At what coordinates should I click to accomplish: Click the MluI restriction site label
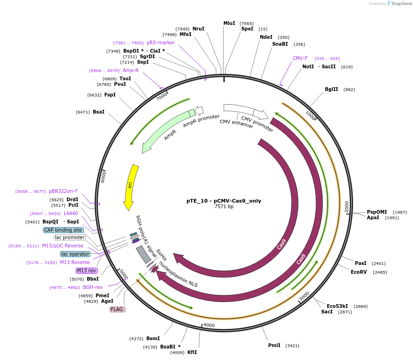(x=229, y=23)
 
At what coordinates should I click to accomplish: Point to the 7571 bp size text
(x=224, y=207)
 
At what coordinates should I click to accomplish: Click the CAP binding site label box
(x=64, y=230)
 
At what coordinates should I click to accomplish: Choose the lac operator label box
(x=75, y=254)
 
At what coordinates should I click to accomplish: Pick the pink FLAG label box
(x=117, y=309)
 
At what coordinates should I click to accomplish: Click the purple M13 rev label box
(x=87, y=270)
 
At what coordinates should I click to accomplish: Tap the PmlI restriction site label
(x=274, y=345)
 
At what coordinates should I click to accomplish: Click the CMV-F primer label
(x=300, y=59)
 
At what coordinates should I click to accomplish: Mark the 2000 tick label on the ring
(x=347, y=207)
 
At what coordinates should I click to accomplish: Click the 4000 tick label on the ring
(x=209, y=325)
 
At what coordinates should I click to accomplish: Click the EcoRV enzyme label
(x=359, y=272)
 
